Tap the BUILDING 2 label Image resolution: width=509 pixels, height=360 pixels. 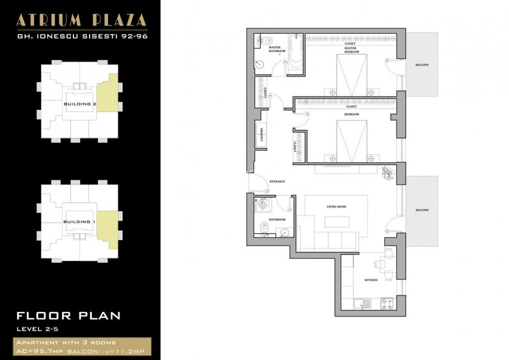(x=80, y=103)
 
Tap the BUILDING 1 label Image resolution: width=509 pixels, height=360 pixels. (x=80, y=222)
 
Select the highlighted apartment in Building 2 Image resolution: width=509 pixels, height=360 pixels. (x=108, y=93)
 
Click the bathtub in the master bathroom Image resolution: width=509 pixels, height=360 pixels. (x=295, y=52)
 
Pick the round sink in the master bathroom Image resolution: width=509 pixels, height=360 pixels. (x=260, y=63)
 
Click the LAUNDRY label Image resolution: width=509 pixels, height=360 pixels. (x=262, y=135)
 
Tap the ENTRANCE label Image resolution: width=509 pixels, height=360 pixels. (x=277, y=182)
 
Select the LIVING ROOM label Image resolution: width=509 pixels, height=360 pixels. (x=336, y=207)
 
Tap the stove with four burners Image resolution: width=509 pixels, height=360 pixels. (x=386, y=302)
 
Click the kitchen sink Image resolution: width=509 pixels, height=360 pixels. (x=360, y=302)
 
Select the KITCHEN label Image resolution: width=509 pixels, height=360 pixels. (x=371, y=280)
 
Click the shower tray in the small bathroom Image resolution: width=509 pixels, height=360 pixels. (x=261, y=205)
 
